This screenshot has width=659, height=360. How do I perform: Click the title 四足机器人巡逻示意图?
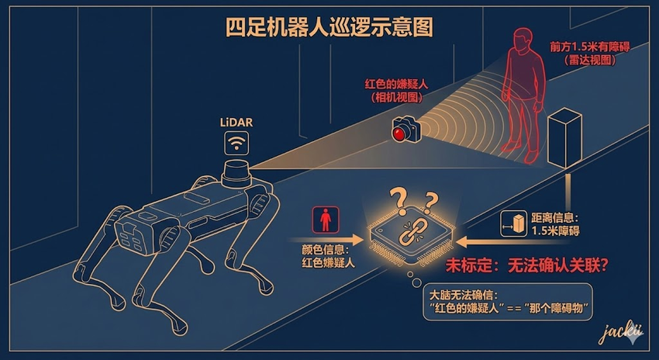329,27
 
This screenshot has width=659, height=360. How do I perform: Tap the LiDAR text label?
236,123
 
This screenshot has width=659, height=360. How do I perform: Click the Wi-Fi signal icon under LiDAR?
236,143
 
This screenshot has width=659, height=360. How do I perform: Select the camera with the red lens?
406,129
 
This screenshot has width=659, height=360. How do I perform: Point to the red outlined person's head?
523,41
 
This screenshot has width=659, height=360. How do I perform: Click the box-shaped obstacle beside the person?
565,137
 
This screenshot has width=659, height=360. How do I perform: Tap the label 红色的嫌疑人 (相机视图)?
396,91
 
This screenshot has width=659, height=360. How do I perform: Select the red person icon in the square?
326,220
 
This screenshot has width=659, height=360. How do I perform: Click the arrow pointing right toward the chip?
326,241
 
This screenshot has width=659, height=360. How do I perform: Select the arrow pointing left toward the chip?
512,242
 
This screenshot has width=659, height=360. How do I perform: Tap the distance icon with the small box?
513,223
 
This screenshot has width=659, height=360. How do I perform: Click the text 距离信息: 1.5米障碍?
555,224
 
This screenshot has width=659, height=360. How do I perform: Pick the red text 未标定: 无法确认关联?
527,265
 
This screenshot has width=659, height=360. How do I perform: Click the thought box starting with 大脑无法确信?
507,302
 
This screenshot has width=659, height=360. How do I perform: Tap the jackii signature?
620,334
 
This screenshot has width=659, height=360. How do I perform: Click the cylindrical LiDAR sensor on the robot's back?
236,173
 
